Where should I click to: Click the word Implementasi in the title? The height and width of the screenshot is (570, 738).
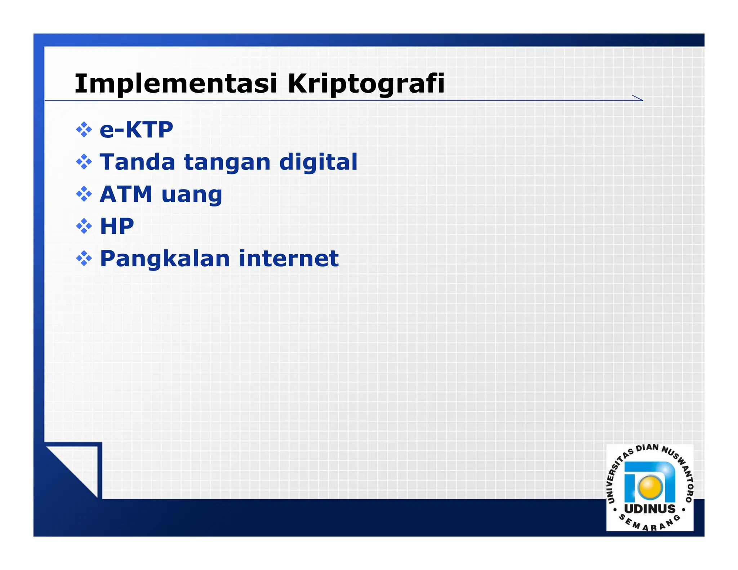click(175, 84)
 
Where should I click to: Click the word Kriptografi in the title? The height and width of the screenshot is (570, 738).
click(366, 84)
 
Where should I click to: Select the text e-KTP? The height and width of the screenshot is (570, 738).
click(136, 130)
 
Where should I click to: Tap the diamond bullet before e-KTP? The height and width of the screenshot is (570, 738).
click(84, 130)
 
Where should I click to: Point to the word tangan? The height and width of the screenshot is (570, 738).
click(227, 163)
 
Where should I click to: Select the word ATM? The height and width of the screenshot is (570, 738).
click(126, 194)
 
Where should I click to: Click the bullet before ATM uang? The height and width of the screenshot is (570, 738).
click(84, 194)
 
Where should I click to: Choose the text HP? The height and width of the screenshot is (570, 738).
click(117, 226)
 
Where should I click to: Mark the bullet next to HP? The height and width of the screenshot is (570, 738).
click(84, 226)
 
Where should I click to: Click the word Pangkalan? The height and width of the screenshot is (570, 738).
click(165, 259)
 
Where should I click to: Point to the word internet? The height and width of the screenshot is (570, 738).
click(289, 259)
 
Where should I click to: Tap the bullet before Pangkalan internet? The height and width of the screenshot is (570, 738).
click(84, 258)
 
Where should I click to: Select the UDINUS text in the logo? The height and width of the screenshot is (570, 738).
click(650, 509)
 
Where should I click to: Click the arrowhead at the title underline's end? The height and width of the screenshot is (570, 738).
click(639, 98)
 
